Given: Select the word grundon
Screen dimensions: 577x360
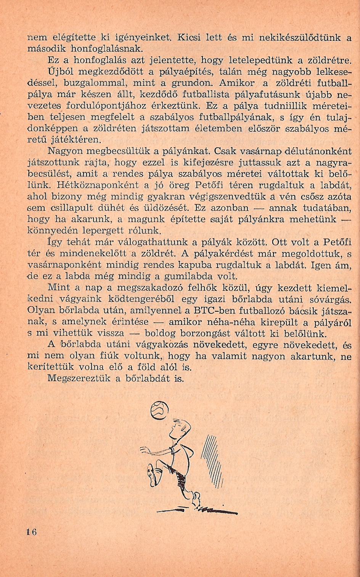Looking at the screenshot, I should tap(187, 82).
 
